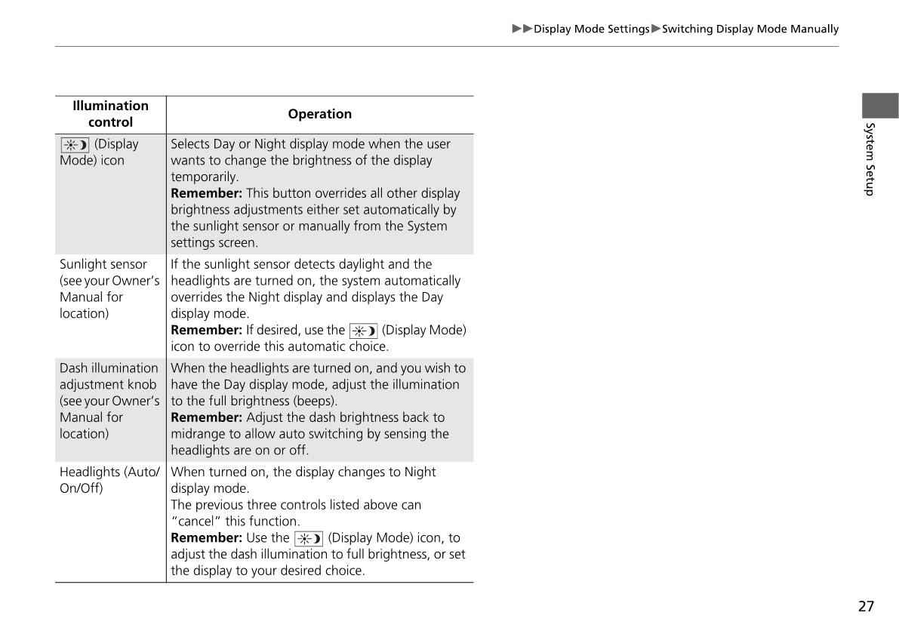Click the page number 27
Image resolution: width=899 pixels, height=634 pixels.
pos(866,606)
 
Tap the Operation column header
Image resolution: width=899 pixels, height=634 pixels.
pos(319,114)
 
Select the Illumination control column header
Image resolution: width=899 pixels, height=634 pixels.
pos(110,114)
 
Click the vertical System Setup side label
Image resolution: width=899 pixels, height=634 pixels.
pos(870,158)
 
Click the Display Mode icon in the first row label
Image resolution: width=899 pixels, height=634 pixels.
pos(75,144)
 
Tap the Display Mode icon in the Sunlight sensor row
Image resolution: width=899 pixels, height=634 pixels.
pos(363,331)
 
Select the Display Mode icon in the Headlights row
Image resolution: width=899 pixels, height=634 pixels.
pos(309,538)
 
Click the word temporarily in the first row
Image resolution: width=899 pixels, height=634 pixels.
pos(205,177)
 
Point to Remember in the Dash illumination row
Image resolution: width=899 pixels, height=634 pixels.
pos(206,417)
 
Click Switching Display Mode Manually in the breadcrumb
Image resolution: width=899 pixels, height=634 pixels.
pos(750,29)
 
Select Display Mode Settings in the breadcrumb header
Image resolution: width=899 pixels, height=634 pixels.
pos(591,29)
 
